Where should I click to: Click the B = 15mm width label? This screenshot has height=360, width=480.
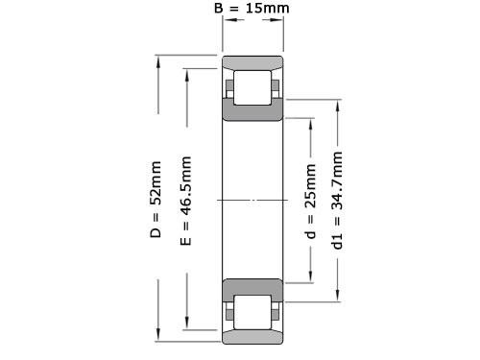tap(252, 10)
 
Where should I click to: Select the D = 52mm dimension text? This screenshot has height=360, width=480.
tap(156, 200)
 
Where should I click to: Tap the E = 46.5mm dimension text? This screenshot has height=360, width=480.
tap(186, 200)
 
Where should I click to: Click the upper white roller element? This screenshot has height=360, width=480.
tap(252, 87)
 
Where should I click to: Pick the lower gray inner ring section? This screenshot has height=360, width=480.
tap(252, 287)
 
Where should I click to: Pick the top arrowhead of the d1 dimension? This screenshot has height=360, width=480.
tap(337, 105)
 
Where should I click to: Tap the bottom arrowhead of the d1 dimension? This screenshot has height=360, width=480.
tap(337, 295)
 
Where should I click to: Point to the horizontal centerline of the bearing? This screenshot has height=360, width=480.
tap(252, 200)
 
